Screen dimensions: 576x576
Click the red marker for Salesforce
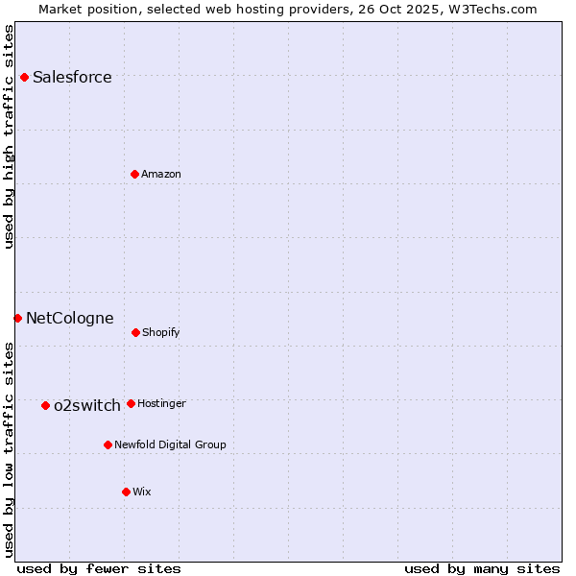tap(24, 77)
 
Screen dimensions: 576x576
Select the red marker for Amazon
tap(134, 174)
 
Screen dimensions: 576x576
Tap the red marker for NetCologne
tap(17, 318)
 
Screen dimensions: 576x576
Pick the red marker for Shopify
tap(135, 332)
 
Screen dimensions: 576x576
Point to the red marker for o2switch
tap(45, 405)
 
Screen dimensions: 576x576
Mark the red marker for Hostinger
tap(131, 403)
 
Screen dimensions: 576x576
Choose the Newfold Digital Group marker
tap(108, 444)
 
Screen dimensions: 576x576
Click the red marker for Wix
tap(126, 492)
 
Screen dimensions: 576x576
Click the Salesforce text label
tap(72, 78)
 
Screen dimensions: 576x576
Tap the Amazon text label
tap(161, 175)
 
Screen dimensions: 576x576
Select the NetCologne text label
tap(69, 319)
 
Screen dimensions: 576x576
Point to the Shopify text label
tap(161, 333)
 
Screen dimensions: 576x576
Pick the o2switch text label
tap(87, 406)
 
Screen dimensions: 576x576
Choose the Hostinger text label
tap(161, 404)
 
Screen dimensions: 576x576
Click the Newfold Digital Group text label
tap(170, 445)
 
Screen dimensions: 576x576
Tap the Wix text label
tap(142, 492)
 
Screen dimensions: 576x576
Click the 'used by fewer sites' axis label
tap(99, 568)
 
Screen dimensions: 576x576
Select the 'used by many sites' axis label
tap(482, 568)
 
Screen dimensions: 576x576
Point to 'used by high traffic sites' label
tap(10, 136)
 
